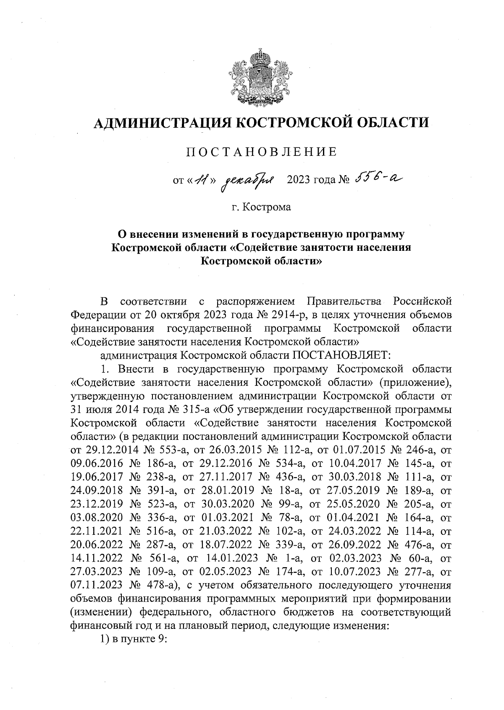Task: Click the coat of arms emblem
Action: (x=254, y=78)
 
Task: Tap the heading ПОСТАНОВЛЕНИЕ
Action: (x=262, y=152)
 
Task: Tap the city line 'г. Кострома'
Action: (x=262, y=207)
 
